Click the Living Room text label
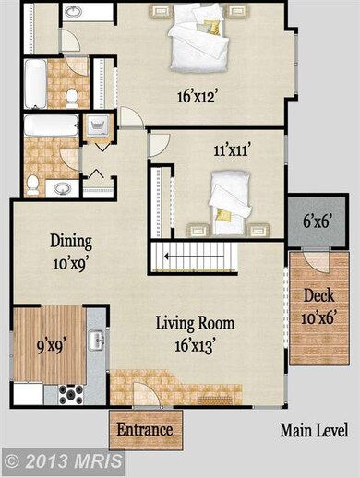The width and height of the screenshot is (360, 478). click(195, 324)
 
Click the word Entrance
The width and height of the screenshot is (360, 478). click(146, 430)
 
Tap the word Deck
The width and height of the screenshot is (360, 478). click(318, 297)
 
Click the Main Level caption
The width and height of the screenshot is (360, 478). click(314, 430)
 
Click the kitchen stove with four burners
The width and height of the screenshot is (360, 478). click(71, 394)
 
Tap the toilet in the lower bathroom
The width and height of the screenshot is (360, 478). click(33, 185)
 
